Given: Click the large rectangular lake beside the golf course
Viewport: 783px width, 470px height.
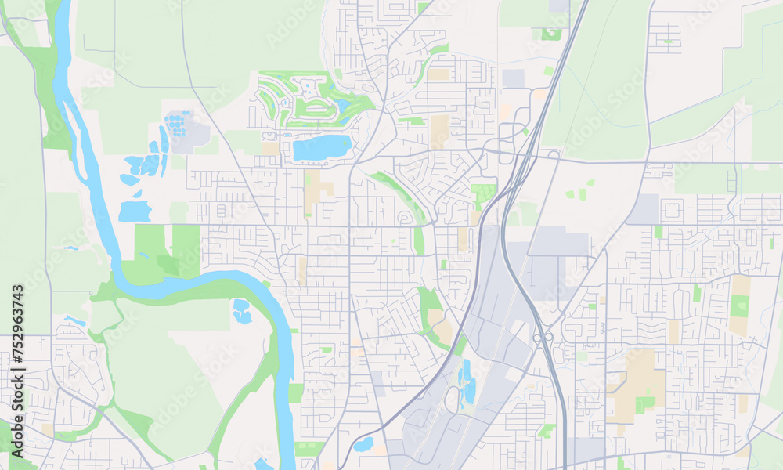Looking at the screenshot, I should [x=322, y=146].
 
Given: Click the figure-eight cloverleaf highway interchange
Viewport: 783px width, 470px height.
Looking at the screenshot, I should [x=541, y=338].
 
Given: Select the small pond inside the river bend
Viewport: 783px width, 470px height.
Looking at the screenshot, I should [x=241, y=311].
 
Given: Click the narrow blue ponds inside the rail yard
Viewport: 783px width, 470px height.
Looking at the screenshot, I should [x=468, y=381].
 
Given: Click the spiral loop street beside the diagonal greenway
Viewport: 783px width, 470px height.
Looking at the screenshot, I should [x=406, y=217].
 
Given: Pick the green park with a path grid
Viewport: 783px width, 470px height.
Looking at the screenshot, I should [x=484, y=193].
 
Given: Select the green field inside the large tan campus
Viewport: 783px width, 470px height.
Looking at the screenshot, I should [x=644, y=404].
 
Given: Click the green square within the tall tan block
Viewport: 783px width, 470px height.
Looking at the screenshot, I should [x=738, y=305].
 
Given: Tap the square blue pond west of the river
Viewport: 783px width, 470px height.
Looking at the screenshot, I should [x=135, y=211].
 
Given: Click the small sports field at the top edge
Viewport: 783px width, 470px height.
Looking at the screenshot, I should [x=551, y=34].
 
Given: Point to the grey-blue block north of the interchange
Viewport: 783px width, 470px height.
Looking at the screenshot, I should [x=514, y=78].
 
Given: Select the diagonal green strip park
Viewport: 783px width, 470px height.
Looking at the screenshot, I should [x=396, y=193].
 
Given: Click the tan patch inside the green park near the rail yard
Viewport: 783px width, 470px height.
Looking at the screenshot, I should [x=435, y=316].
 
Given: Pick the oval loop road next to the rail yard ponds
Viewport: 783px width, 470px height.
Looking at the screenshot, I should [x=453, y=399].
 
